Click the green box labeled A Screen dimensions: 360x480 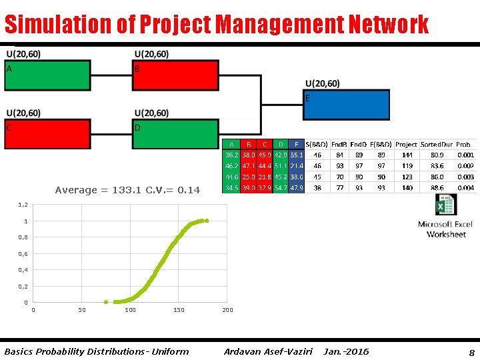coord(47,75)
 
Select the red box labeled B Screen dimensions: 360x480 coord(176,75)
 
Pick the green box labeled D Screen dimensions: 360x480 coord(176,134)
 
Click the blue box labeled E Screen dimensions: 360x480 coord(347,105)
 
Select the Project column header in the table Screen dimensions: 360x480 coord(406,144)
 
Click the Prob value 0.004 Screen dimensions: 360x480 coord(466,188)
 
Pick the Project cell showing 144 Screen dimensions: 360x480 coord(407,155)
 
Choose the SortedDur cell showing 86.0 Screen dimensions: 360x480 coord(437,177)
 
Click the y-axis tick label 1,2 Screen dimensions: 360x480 coord(23,205)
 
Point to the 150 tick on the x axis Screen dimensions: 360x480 coord(179,310)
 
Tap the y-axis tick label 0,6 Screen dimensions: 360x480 coord(23,254)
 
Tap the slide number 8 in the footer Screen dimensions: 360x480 coord(471,351)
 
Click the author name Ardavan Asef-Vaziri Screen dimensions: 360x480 coord(268,351)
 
